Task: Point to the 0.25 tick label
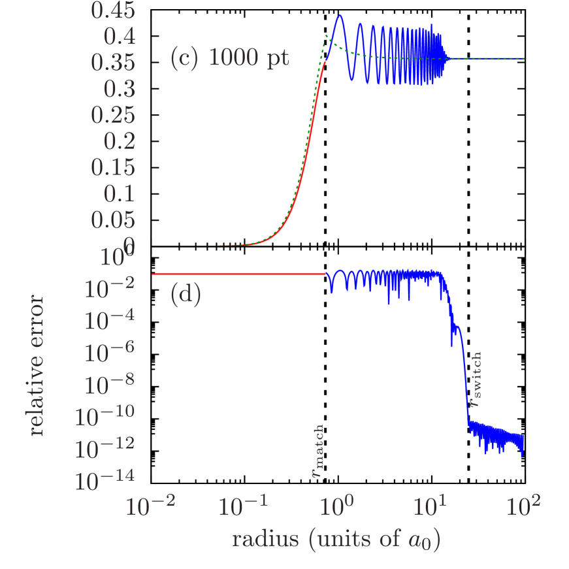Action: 113,116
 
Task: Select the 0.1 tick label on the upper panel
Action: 118,194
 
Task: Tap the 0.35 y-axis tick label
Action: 113,63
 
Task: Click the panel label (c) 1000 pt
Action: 229,59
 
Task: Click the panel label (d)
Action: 186,295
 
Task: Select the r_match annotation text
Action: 317,451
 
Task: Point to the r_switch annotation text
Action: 477,380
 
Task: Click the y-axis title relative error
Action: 37,366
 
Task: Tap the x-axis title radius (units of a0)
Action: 336,540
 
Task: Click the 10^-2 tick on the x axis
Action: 150,506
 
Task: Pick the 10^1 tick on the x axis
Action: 431,506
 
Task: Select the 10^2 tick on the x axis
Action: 524,506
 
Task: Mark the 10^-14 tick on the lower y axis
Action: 105,481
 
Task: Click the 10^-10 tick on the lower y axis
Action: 105,416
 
